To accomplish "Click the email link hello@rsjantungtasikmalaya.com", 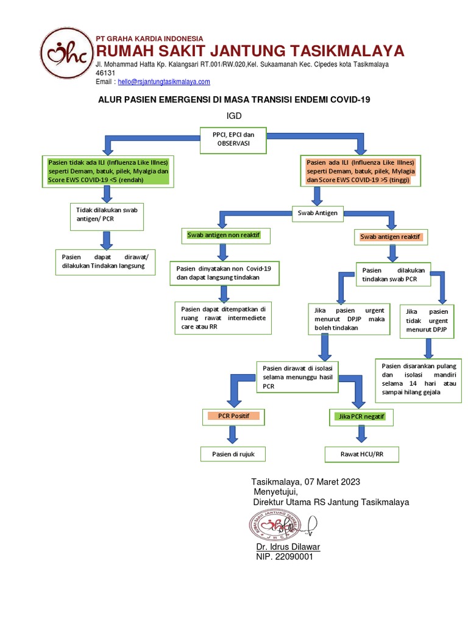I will tap(164, 82).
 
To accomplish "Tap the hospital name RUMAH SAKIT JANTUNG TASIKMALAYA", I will tap(250, 51).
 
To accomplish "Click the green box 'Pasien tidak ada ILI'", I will tap(108, 171).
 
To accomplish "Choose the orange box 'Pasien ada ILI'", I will tap(360, 171).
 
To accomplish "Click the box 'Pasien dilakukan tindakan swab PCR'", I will tap(393, 274).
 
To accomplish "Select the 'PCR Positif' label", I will tap(232, 416).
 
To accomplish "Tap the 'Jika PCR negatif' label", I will tap(360, 417).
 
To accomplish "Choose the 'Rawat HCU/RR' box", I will tap(362, 454).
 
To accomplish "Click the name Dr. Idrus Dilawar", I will tap(288, 547).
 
